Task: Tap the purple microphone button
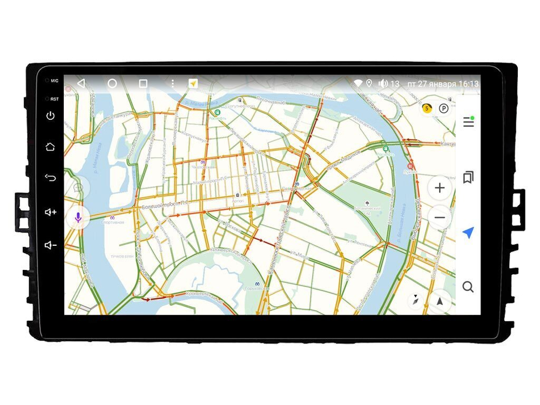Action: point(78,218)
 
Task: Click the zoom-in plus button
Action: point(440,188)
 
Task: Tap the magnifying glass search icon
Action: point(468,287)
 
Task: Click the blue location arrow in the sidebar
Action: point(468,233)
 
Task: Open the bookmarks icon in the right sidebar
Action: point(468,177)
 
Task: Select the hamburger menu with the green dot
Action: point(468,122)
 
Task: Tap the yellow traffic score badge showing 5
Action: point(427,108)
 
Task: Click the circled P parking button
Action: point(443,109)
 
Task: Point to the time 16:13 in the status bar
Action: point(468,84)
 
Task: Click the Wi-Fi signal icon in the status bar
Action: point(357,84)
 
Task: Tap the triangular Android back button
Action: point(81,83)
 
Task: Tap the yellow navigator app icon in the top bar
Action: point(193,84)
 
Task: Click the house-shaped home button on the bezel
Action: point(51,146)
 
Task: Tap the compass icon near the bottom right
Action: point(416,300)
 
